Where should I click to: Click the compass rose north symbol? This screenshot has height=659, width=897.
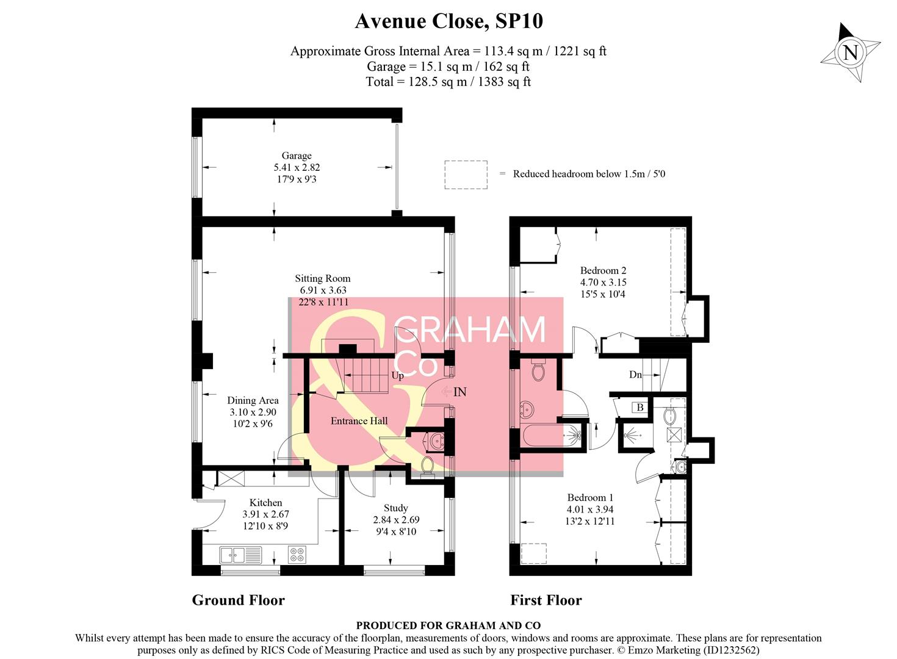coord(850,52)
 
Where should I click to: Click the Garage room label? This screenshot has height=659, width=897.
coord(297,156)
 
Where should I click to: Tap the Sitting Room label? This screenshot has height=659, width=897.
coord(322,279)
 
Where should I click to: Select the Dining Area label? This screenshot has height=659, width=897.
coord(253,401)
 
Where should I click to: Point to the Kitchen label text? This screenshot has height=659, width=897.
coord(265,503)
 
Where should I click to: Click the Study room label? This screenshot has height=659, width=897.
coord(395,508)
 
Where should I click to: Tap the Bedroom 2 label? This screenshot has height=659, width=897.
coord(603,271)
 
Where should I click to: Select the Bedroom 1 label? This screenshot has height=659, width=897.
coord(589,498)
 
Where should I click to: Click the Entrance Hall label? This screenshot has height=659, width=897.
coord(359,421)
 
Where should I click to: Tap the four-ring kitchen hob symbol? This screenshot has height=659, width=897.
coord(297,555)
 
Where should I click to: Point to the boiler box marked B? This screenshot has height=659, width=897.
coord(639,408)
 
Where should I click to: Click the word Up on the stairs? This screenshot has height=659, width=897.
coord(397,376)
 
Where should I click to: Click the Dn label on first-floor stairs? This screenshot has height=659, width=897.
coord(635,375)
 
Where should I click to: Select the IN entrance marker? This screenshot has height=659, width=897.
coord(459,392)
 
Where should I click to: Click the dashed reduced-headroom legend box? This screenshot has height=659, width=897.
coord(466,175)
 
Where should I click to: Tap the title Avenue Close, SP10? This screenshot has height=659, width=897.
coord(448,21)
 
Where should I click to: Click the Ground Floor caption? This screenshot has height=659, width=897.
coord(238,600)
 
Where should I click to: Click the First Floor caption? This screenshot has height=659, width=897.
coord(546,600)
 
